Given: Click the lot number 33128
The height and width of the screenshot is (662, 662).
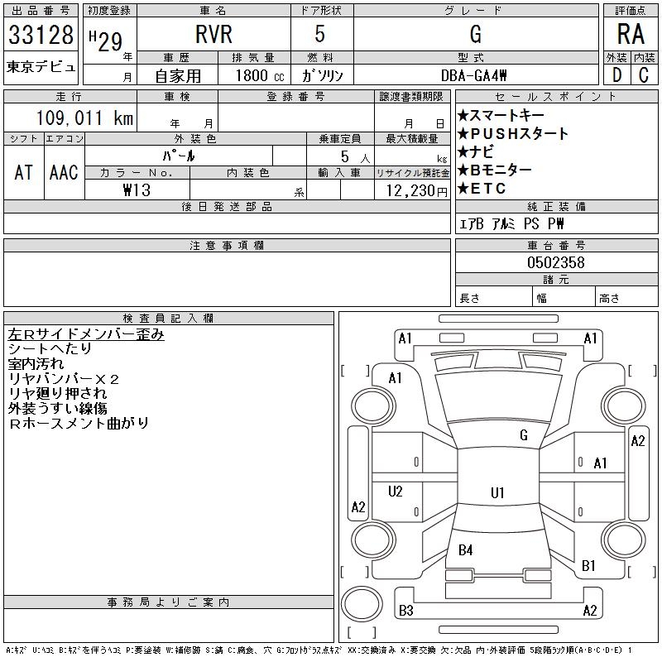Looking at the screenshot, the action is point(41,36).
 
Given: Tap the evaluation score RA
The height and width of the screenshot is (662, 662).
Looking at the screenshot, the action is point(631,35).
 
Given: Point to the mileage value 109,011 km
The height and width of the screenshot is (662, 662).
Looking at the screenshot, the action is point(84,118).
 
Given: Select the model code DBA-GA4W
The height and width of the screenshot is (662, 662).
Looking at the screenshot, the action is point(476,74).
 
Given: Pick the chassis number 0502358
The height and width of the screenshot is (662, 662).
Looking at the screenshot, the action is point(556,262).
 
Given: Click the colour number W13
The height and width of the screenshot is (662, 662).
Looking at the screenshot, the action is point(137,190).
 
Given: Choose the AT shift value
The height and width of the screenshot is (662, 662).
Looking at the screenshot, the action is point(24,172).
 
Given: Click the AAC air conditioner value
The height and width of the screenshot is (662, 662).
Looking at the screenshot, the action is point(64,172).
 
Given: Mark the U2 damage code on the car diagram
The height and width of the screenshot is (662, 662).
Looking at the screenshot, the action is point(396,492).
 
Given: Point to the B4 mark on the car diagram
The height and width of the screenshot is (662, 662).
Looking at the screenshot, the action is point(465,550).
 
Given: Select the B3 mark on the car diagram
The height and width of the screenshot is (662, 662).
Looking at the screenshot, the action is point(405,611).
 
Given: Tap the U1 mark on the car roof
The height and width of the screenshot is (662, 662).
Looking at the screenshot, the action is point(497,493).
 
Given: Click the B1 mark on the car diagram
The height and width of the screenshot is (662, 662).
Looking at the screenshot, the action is point(589,566).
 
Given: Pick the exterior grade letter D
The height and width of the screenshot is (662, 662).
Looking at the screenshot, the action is point(616,74).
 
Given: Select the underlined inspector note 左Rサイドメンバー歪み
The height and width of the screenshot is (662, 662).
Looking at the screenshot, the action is point(86,334).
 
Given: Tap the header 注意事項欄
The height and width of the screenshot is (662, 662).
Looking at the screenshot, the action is point(227,246).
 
